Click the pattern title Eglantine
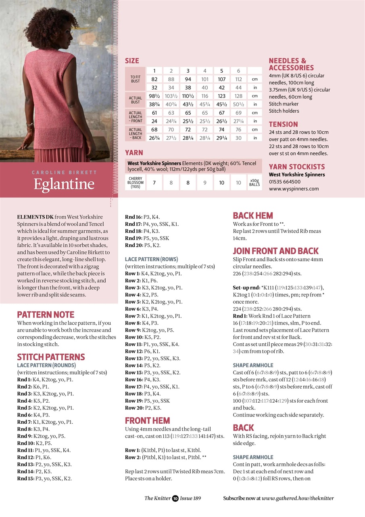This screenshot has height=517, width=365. click(64, 184)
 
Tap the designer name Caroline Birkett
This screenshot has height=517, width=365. click(64, 172)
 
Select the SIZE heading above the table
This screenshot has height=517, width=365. click(132, 61)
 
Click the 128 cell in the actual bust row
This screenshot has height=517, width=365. click(238, 96)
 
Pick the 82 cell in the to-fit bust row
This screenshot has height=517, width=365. click(154, 79)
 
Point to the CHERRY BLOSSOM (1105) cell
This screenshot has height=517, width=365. click(135, 183)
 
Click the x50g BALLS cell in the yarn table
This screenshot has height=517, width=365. click(254, 183)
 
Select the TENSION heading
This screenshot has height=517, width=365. click(283, 124)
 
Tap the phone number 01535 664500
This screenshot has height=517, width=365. click(284, 182)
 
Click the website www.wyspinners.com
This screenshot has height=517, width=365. click(294, 189)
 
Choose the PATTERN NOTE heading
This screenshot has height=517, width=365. click(46, 315)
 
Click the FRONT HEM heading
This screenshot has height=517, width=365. click(147, 420)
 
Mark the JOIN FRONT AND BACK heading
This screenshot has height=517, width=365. click(276, 251)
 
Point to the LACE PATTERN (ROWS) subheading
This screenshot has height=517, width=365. click(151, 259)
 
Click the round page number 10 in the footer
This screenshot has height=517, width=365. click(175, 498)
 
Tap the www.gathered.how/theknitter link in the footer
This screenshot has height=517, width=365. click(298, 498)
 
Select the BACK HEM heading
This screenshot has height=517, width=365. click(253, 216)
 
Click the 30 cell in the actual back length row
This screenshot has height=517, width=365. click(238, 138)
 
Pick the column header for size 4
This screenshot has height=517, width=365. click(205, 71)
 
